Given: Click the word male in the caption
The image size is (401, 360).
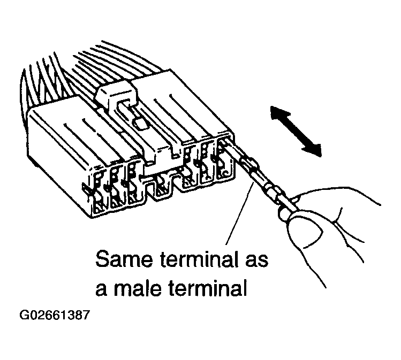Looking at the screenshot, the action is pyautogui.click(x=138, y=288).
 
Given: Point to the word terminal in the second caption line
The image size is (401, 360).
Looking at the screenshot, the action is pyautogui.click(x=207, y=288).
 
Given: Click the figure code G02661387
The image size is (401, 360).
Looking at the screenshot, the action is pyautogui.click(x=55, y=315).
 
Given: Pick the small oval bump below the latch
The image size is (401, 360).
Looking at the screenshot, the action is pyautogui.click(x=140, y=124).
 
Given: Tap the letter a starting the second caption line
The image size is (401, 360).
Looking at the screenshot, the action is pyautogui.click(x=101, y=290).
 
